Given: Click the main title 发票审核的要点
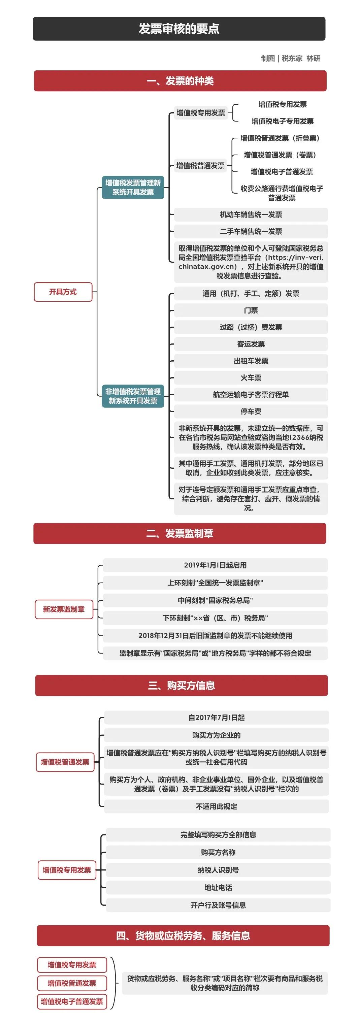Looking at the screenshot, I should [179, 29].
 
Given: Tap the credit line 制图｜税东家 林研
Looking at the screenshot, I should [290, 59].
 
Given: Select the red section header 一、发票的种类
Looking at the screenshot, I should [180, 81].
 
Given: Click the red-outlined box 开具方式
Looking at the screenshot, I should [63, 292].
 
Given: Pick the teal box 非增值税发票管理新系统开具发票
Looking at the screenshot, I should [133, 396].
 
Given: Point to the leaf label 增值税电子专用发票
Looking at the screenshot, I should [282, 121].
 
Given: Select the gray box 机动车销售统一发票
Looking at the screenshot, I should [251, 215].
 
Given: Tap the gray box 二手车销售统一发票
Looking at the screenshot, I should [251, 231].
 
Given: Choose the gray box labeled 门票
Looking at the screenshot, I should [251, 310].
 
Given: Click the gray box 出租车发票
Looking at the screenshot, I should [251, 361].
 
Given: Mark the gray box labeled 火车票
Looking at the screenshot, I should [251, 377].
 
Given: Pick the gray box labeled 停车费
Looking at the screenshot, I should [251, 411].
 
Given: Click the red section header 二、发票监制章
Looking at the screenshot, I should [179, 533].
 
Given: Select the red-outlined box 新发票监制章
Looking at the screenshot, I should [64, 609].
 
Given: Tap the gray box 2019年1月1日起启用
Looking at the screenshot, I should [215, 565].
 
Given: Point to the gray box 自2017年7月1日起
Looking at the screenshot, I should [216, 717].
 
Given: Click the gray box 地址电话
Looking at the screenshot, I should [218, 887].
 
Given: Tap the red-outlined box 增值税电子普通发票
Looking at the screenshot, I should [72, 1001].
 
